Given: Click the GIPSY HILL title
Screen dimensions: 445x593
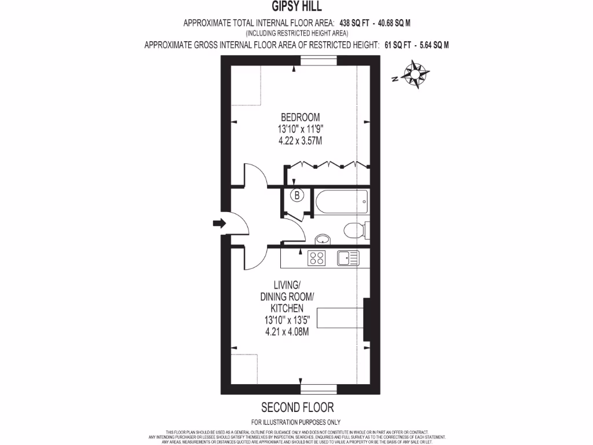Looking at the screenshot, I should point(296,7).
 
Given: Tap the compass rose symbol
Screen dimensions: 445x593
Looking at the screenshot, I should point(416,76).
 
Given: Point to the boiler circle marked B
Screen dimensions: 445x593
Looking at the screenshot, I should point(296,196).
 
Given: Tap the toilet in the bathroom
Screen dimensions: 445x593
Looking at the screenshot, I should point(355,231).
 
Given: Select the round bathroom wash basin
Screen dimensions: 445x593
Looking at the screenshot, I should point(323,239).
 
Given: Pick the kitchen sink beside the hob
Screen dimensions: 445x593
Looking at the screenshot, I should point(348,258).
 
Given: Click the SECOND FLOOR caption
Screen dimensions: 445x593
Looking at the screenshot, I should point(297,407).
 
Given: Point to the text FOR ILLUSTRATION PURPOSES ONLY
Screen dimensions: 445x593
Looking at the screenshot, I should point(296,422).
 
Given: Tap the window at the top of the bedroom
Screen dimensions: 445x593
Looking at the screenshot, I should point(318,61).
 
